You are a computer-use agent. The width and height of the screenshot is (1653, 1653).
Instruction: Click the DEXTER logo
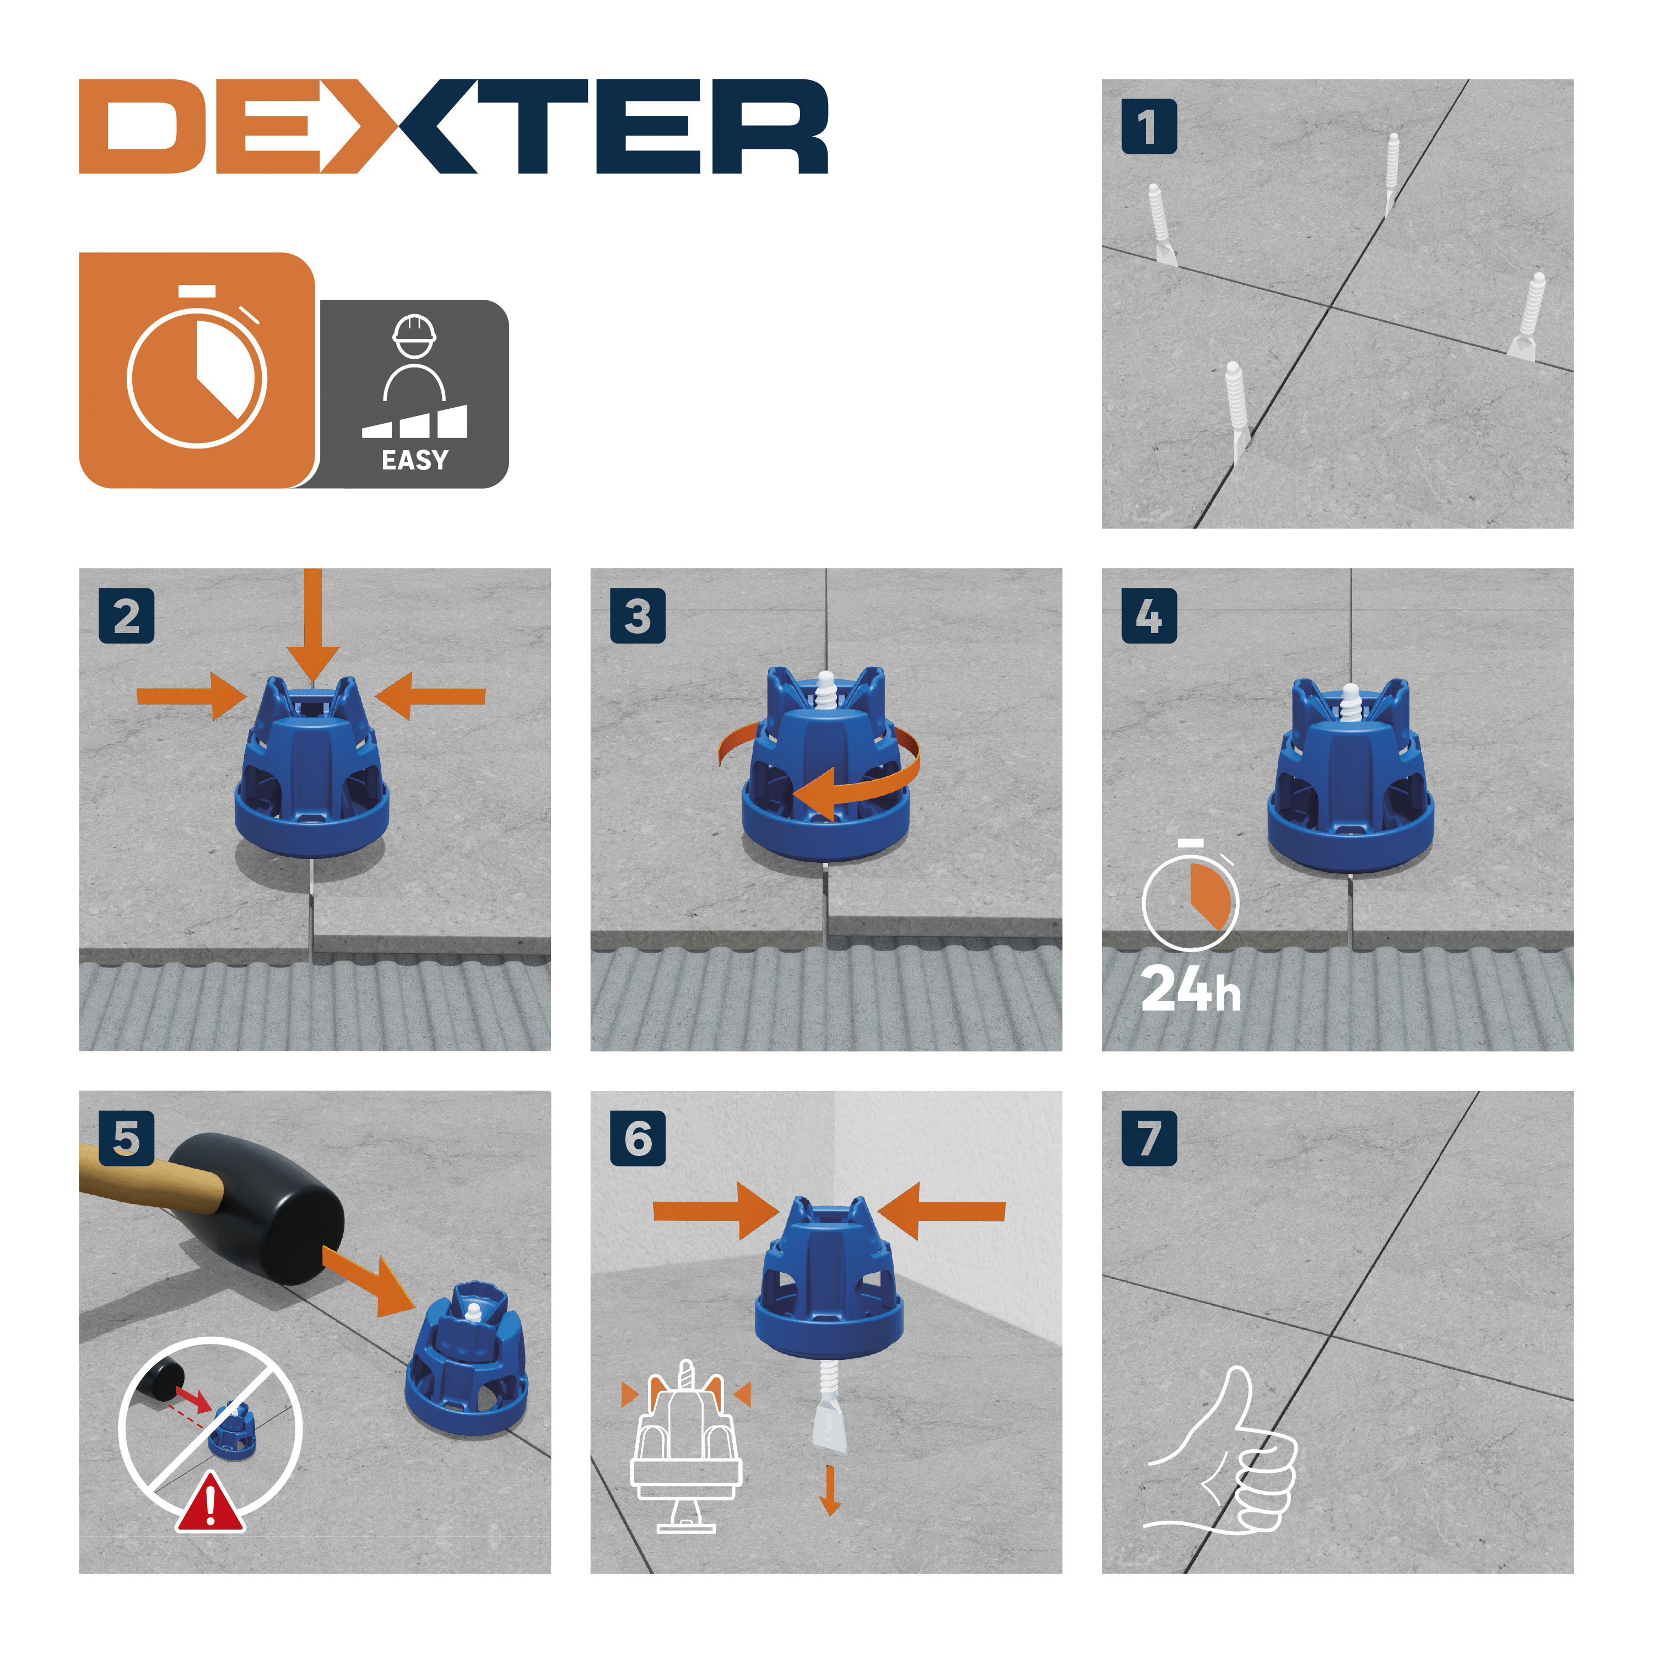pos(453,127)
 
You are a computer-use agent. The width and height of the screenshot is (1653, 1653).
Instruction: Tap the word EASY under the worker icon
pos(414,460)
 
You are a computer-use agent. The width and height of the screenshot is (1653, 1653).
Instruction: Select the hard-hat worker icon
pos(414,358)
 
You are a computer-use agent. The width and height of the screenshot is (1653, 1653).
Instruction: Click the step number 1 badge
pos(1148,127)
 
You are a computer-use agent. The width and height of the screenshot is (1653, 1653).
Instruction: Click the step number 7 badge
pos(1148,1138)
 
